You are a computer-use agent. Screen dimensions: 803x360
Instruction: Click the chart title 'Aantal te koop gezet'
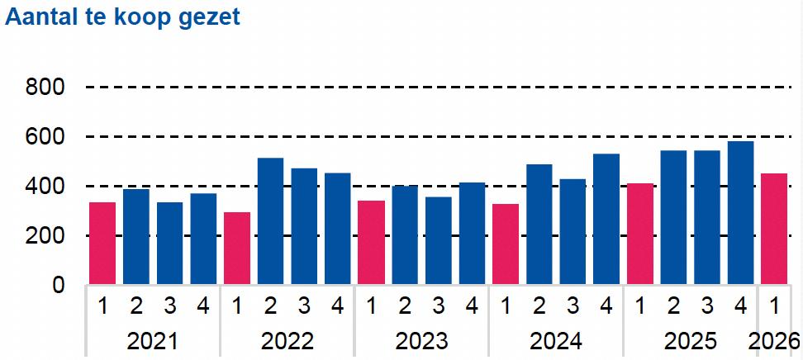[x=122, y=17]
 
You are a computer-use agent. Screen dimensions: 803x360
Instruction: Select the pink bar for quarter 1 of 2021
[x=102, y=244]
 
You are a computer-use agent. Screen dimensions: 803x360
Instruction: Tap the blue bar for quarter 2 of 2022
[x=270, y=220]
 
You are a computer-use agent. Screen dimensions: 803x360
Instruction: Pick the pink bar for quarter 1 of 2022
[x=237, y=249]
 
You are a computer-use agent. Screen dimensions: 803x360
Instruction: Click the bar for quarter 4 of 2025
[x=740, y=212]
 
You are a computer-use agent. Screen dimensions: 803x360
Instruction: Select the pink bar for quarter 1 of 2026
[x=774, y=229]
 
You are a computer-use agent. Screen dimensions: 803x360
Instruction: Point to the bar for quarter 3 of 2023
[x=439, y=240]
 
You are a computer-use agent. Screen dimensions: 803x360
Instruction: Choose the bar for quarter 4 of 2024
[x=606, y=219]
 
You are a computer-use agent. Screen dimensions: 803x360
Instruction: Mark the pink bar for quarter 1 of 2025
[x=640, y=234]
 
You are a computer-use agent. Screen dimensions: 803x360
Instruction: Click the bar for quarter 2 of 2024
[x=539, y=225]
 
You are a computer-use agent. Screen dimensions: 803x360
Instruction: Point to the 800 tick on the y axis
[x=45, y=88]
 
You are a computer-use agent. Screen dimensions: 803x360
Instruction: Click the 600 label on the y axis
[x=45, y=137]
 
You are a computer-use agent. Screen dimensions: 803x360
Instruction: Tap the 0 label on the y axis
[x=59, y=285]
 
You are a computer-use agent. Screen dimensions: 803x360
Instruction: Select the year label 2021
[x=153, y=341]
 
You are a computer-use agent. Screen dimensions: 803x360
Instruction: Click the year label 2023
[x=421, y=341]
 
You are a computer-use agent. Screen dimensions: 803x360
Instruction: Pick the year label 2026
[x=774, y=341]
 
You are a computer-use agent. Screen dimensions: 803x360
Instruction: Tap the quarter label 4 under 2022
[x=338, y=306]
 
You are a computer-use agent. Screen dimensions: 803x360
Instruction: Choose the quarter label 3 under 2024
[x=573, y=306]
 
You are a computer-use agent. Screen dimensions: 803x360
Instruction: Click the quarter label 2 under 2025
[x=673, y=306]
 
